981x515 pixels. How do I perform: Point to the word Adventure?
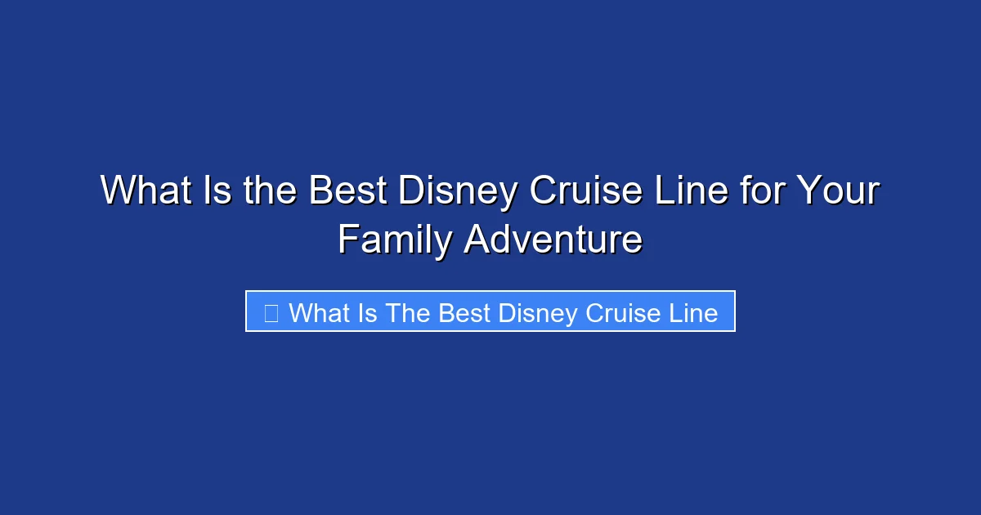click(553, 240)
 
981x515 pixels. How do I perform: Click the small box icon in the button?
click(271, 312)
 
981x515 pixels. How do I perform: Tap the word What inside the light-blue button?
click(318, 312)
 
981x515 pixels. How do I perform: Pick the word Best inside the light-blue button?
click(464, 312)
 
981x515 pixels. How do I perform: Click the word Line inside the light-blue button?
click(694, 312)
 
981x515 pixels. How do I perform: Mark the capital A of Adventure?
click(477, 240)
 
